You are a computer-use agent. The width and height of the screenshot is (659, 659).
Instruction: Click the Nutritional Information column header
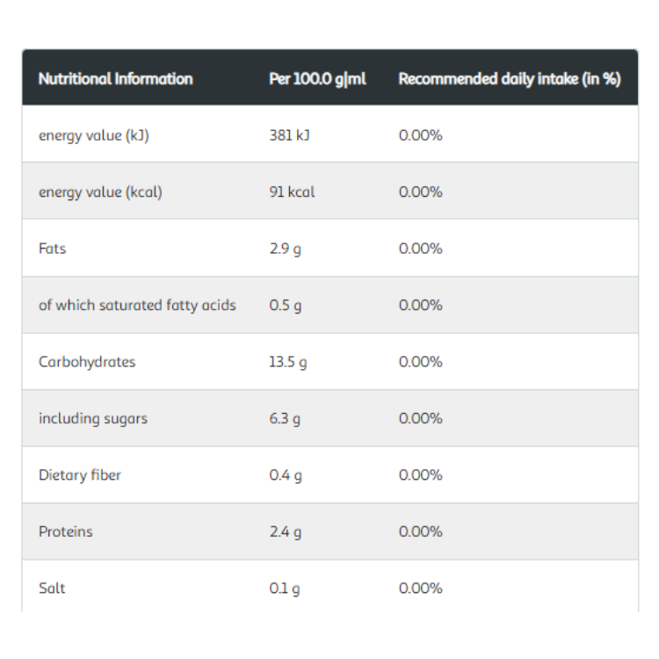(x=116, y=78)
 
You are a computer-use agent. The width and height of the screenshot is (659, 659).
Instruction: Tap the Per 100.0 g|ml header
(x=318, y=79)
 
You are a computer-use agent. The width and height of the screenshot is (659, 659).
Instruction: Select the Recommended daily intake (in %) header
(x=510, y=79)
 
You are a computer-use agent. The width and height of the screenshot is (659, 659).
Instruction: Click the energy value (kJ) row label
(x=94, y=135)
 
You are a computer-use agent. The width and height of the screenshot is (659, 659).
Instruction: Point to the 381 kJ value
(x=290, y=135)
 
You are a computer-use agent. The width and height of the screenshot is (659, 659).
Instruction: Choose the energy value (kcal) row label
(x=100, y=192)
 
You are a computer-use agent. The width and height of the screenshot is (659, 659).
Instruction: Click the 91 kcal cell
(x=292, y=192)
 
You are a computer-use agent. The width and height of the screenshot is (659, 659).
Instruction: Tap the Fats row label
(x=52, y=249)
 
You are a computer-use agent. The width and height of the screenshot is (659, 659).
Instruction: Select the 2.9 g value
(x=286, y=250)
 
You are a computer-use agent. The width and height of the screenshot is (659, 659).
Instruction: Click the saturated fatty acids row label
(x=137, y=306)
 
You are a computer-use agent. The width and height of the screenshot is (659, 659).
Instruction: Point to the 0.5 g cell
(x=286, y=306)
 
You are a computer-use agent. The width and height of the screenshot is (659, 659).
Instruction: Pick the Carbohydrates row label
(x=87, y=361)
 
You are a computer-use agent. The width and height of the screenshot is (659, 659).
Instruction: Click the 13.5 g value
(x=288, y=362)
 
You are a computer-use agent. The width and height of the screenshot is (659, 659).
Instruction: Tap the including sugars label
(x=93, y=418)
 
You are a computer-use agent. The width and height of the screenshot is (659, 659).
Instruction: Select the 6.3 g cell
(x=285, y=419)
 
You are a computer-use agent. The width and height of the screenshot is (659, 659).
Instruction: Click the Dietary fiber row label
(x=80, y=475)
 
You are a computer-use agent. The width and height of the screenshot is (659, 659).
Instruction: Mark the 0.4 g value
(x=286, y=475)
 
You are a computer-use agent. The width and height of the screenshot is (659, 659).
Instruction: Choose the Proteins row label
(x=66, y=532)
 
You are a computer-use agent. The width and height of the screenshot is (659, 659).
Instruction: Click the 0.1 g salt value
(x=285, y=589)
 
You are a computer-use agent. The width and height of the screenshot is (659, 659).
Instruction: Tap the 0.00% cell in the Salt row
(x=421, y=588)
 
